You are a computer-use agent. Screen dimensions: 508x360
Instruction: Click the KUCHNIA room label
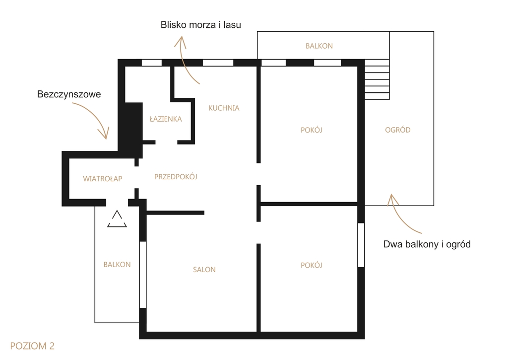point(224,108)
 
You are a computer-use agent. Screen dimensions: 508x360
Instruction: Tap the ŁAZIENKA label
point(166,119)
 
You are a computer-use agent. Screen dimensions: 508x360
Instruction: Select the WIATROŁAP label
point(102,179)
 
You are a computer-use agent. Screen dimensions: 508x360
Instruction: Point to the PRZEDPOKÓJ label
point(176,176)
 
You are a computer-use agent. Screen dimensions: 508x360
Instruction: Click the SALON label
point(204,270)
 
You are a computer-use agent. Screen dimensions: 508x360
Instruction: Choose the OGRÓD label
point(397,130)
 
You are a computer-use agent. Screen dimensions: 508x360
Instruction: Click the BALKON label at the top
point(319,46)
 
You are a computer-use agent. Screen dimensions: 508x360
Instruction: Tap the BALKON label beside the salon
point(117,265)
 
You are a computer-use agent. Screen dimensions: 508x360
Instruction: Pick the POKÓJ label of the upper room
point(312,130)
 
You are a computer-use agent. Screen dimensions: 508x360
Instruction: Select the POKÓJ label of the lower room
point(312,265)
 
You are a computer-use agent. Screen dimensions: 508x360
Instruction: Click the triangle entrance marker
point(117,219)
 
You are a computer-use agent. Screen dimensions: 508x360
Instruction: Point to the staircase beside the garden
point(377,79)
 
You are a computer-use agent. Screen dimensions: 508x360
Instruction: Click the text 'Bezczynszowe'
point(69,94)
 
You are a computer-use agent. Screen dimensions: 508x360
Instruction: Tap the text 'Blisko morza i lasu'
point(201,25)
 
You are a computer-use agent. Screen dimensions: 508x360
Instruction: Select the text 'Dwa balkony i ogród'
point(427,244)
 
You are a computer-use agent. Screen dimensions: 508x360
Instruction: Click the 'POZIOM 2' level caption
point(32,346)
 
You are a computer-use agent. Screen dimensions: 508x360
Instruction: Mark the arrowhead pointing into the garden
point(392,199)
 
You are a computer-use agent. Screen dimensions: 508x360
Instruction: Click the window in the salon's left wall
point(142,275)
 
